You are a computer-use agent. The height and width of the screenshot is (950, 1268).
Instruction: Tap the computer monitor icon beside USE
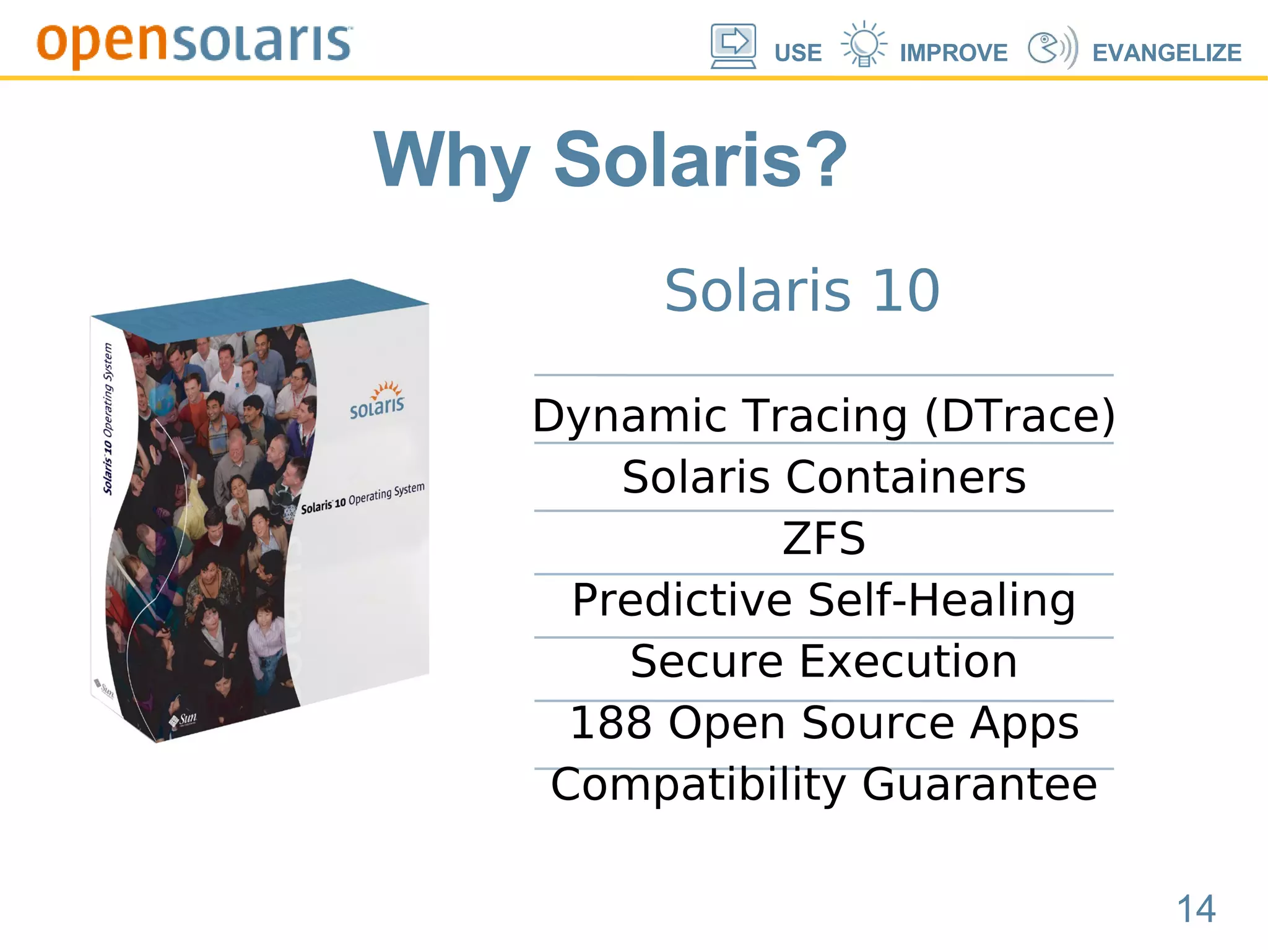[x=733, y=45]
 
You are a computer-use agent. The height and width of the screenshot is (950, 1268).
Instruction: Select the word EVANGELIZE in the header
[x=1166, y=53]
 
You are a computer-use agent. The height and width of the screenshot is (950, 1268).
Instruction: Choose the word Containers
[x=905, y=477]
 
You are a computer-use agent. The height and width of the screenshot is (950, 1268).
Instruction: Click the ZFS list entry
[x=823, y=538]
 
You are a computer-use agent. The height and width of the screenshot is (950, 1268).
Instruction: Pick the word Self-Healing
[x=941, y=600]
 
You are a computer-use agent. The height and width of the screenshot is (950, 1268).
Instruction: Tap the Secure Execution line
[x=823, y=661]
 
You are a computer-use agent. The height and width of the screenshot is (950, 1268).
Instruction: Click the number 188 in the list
[x=610, y=722]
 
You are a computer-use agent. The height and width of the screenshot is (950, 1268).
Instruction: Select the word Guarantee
[x=979, y=784]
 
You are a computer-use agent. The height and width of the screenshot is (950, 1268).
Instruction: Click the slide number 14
[x=1196, y=909]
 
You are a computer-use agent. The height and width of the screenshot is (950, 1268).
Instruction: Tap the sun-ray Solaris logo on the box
[x=378, y=400]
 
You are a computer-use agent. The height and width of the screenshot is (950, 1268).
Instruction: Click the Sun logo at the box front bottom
[x=184, y=719]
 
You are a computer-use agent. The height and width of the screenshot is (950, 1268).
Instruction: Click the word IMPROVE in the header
[x=953, y=53]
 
